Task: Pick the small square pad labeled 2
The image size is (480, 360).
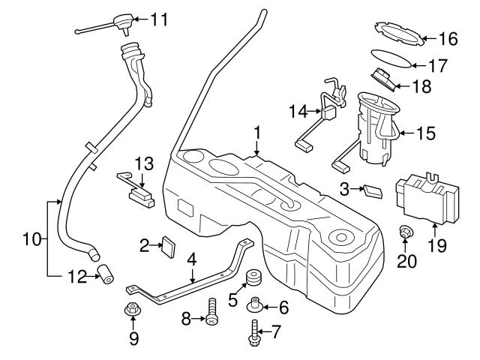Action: pos(169,245)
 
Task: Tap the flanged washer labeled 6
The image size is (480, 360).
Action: pos(255,305)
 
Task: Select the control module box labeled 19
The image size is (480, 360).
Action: pos(425,199)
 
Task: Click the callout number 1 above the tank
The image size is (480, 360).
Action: pos(256,132)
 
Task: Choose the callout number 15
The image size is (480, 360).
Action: pos(427,133)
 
